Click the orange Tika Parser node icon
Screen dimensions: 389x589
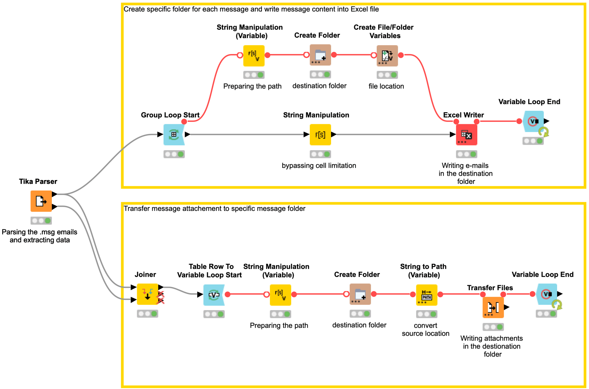click(41, 201)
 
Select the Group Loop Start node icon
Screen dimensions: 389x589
click(174, 134)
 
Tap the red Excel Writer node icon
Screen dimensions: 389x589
click(466, 134)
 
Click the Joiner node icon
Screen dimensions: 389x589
click(148, 294)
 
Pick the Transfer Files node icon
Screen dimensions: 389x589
click(493, 307)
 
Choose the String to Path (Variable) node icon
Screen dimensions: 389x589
click(426, 295)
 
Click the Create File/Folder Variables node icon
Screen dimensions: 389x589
click(387, 56)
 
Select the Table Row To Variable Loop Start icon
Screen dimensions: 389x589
click(214, 295)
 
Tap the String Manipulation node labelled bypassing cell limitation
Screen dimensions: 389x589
click(320, 134)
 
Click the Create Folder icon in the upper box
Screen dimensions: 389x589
click(320, 55)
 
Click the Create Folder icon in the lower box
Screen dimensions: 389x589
click(360, 294)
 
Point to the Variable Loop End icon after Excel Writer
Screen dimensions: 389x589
click(534, 121)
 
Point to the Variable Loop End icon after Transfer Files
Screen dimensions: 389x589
click(547, 294)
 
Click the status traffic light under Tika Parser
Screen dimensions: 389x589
click(41, 221)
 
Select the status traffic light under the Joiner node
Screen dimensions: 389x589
click(148, 314)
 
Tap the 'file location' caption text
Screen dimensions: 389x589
click(386, 86)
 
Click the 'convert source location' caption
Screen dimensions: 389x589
click(425, 329)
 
